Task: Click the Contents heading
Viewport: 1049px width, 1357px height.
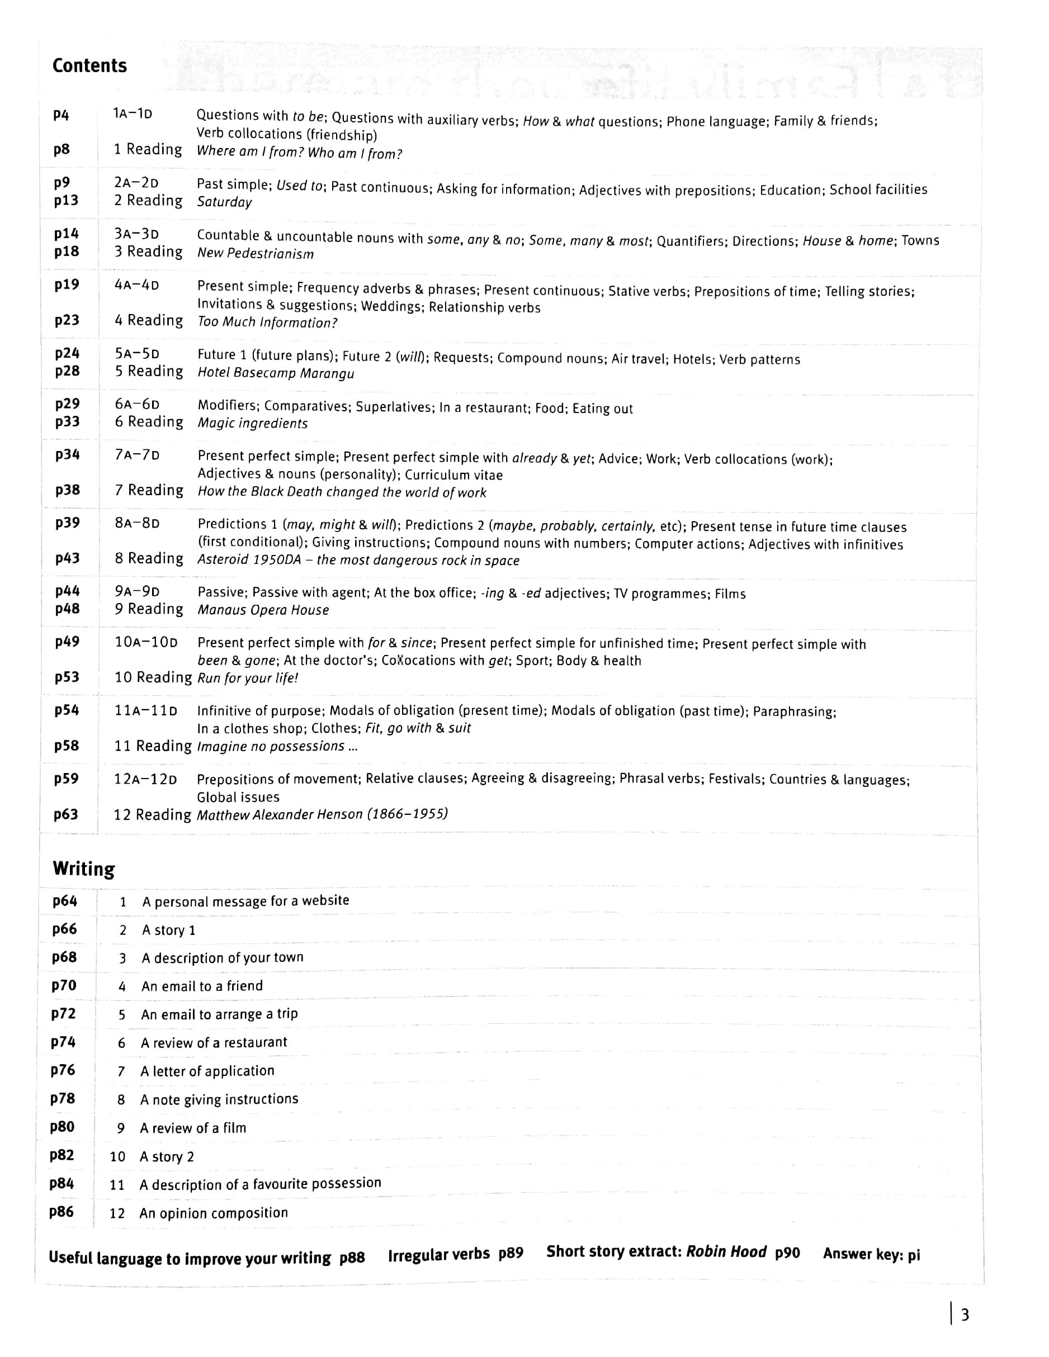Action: point(89,65)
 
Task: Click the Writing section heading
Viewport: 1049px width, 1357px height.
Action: point(83,868)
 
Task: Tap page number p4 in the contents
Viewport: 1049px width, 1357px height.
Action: point(61,115)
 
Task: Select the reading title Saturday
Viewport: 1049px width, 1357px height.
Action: point(224,202)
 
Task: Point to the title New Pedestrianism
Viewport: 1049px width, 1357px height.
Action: point(255,254)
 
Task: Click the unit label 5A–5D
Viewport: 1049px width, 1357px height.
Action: point(137,354)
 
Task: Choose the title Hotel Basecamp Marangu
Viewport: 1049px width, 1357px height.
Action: point(276,373)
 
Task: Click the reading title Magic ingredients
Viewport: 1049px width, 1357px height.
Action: point(252,423)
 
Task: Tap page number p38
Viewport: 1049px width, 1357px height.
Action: point(67,490)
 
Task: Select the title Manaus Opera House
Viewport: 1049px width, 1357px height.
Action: point(263,610)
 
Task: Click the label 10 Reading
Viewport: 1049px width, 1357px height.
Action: point(153,677)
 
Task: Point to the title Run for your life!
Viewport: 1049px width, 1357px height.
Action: point(248,678)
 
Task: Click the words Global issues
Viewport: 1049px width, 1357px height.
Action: point(238,797)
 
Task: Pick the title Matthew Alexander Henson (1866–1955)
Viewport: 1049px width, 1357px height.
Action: point(322,814)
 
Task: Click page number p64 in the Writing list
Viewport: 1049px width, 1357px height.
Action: point(65,901)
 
